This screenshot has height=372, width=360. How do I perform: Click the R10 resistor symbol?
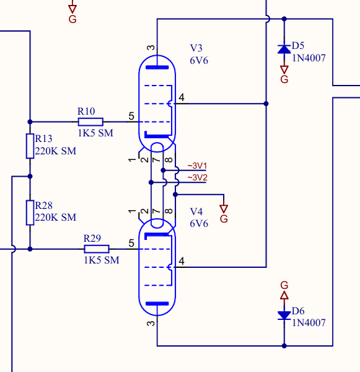[90, 122]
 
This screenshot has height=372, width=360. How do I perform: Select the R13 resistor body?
[30, 146]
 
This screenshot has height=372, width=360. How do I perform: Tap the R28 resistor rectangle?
[30, 213]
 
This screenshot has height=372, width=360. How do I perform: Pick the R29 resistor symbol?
[97, 249]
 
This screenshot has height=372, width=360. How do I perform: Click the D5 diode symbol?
[284, 50]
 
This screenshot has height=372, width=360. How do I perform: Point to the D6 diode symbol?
[284, 316]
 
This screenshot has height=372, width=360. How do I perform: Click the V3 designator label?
[196, 48]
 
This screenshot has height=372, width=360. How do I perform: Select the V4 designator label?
[196, 211]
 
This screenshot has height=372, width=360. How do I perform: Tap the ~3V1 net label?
[197, 166]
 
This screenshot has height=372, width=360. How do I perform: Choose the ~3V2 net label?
[197, 177]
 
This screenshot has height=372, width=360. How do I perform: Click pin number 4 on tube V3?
[182, 97]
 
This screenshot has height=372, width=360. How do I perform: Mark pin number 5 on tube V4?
[131, 243]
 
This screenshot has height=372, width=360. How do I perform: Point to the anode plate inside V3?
[157, 68]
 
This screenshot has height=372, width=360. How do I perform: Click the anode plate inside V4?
[157, 304]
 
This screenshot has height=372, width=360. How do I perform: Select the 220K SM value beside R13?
[56, 151]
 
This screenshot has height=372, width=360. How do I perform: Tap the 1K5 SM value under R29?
[102, 260]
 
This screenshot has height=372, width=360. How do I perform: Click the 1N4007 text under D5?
[309, 58]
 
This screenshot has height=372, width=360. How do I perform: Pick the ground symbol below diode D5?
[284, 74]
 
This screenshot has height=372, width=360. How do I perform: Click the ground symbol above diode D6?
[284, 290]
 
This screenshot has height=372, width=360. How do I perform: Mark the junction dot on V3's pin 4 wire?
[266, 104]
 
